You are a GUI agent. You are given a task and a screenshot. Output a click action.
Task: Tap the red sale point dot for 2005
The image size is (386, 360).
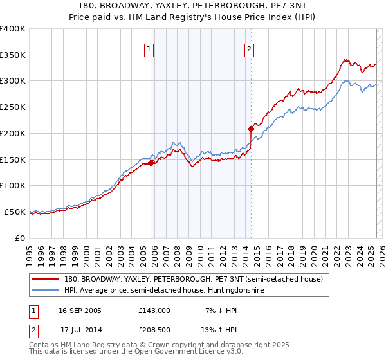click(x=151, y=163)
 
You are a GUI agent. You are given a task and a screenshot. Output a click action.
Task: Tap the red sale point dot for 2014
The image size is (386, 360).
click(x=252, y=129)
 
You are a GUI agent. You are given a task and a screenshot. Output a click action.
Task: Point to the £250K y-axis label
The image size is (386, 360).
click(x=13, y=107)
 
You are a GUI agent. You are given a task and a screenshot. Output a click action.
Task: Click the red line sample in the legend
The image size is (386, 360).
click(x=46, y=280)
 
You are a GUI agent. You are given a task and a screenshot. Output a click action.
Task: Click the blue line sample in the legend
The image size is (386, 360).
click(x=46, y=291)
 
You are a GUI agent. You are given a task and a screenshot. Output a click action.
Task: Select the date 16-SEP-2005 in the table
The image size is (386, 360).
click(x=80, y=310)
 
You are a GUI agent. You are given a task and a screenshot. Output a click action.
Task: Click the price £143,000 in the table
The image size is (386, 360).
click(x=154, y=310)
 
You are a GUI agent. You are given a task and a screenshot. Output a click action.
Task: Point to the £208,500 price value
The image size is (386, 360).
click(x=154, y=330)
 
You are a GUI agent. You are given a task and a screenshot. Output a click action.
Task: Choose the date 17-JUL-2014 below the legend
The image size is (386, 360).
click(x=81, y=330)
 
